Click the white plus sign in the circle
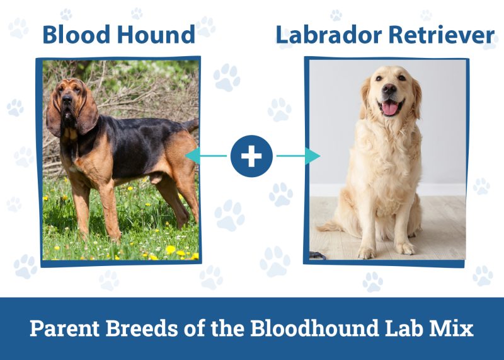(x=251, y=156)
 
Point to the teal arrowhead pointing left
(x=190, y=156)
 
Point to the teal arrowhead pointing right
(x=313, y=156)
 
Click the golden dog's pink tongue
(x=391, y=108)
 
